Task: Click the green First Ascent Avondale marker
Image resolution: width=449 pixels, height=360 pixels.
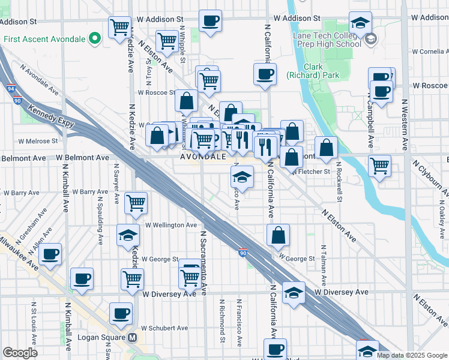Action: (94, 40)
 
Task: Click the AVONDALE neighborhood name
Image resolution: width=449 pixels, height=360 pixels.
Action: (203, 156)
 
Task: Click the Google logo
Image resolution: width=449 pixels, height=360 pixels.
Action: (20, 353)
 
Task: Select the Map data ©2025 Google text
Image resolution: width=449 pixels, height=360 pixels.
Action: (411, 355)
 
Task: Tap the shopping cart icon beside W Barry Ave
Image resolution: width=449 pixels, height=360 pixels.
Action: (136, 203)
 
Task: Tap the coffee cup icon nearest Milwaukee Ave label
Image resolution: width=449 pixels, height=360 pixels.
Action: (50, 253)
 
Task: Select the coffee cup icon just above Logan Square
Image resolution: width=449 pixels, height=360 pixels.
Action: (121, 313)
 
